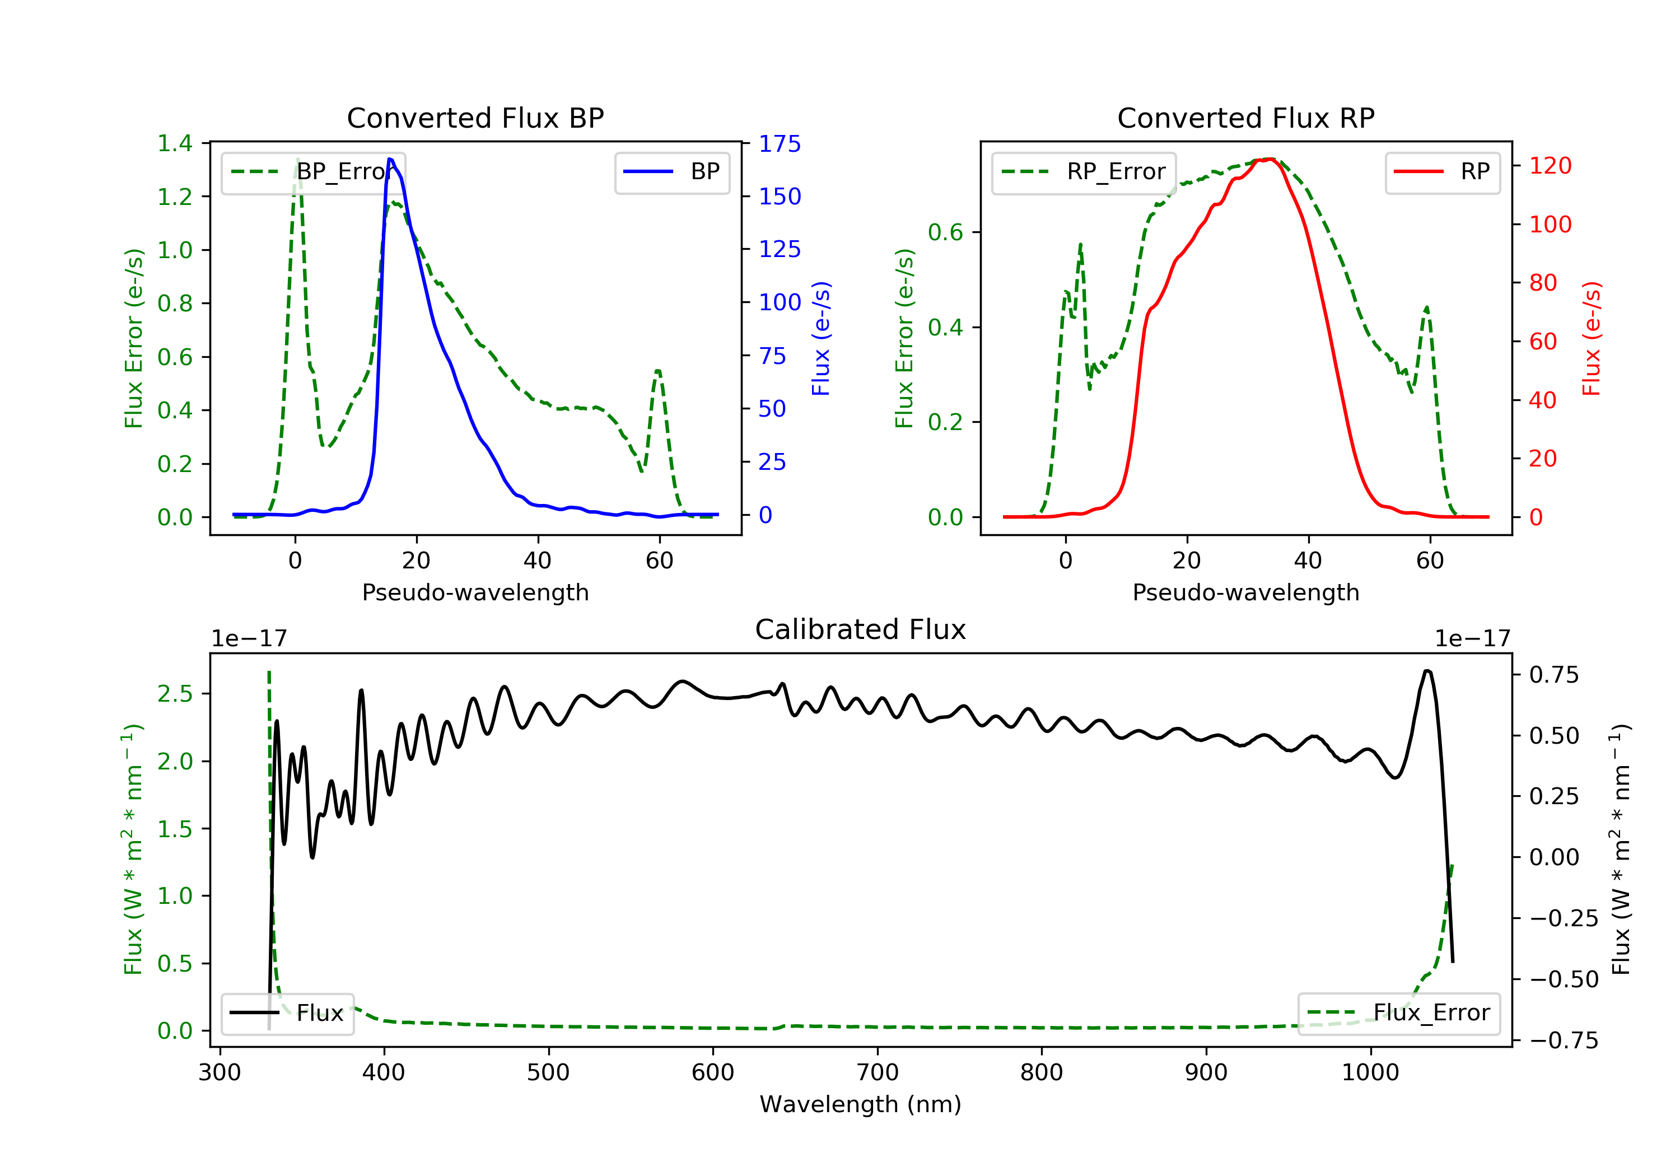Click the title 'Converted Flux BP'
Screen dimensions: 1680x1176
[475, 118]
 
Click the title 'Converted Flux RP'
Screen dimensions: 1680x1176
[1245, 118]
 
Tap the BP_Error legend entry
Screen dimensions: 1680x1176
[313, 172]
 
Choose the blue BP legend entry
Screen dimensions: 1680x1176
[671, 172]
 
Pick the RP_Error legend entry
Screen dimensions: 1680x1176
[1083, 172]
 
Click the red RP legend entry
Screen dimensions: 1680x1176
[1442, 172]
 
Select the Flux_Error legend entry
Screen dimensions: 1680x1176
[1398, 1013]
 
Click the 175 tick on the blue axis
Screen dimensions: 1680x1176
[780, 143]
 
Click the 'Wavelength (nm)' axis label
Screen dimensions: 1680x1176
[861, 1104]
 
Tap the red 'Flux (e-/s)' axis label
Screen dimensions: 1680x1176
[1592, 338]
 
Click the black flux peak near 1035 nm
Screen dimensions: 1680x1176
[1427, 670]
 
